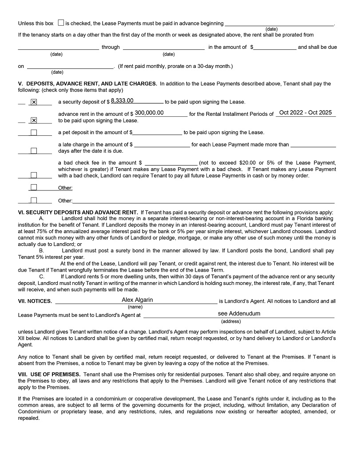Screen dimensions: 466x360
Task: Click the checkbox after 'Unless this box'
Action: [x=61, y=23]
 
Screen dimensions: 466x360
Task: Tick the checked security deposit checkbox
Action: [x=34, y=102]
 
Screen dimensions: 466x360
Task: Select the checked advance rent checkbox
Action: [x=34, y=120]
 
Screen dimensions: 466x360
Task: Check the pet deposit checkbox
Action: [x=34, y=132]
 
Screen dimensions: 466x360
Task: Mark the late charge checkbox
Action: [x=34, y=150]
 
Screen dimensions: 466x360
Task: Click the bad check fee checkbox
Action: [x=34, y=175]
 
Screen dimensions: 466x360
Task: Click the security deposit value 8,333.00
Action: [x=122, y=101]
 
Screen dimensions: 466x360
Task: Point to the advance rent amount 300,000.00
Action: [x=149, y=113]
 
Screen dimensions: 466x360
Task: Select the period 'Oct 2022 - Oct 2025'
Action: [x=305, y=113]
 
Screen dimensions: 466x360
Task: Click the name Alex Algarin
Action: [x=137, y=300]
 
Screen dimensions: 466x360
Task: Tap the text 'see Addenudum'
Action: [x=239, y=313]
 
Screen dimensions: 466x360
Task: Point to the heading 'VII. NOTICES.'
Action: [x=35, y=301]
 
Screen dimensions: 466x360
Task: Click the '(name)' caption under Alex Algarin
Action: [x=135, y=307]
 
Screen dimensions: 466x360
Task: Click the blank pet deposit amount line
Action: [x=158, y=133]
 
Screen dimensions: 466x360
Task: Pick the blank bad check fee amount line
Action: [x=171, y=163]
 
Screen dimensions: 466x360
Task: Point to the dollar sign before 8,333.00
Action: [x=108, y=102]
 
